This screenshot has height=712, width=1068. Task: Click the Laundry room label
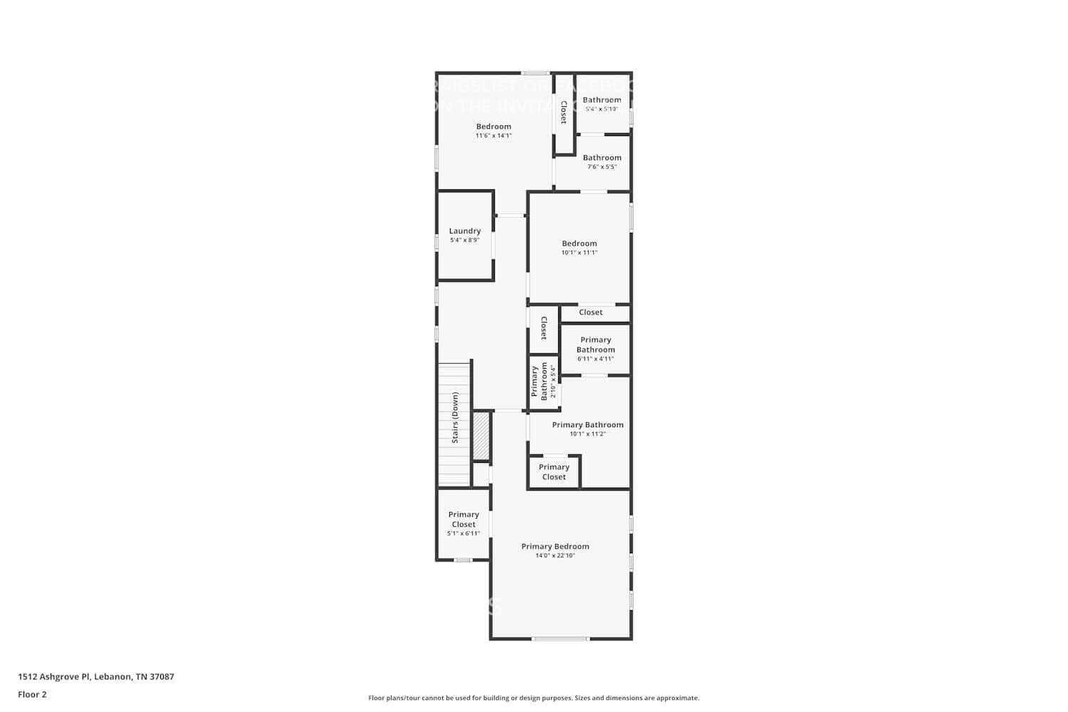tap(465, 231)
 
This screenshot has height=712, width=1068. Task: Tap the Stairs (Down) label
tap(455, 418)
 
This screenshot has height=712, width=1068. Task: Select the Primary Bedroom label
tap(555, 546)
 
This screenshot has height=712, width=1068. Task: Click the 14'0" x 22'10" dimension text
tap(555, 556)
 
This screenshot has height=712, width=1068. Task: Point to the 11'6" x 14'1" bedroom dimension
tap(493, 136)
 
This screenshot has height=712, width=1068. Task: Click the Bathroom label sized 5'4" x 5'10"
tap(602, 100)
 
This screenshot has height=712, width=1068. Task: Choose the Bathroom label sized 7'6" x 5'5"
tap(602, 157)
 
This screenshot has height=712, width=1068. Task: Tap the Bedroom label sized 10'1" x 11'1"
tap(580, 244)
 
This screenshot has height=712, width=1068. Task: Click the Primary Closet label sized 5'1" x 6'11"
tap(464, 519)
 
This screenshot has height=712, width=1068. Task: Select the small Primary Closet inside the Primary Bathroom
tap(554, 472)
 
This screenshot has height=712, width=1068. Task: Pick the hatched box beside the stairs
tap(481, 436)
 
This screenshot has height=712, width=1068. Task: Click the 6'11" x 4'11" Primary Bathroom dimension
tap(595, 359)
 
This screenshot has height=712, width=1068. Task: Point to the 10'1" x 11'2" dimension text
tap(587, 434)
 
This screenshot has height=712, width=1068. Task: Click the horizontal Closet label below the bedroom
tap(591, 312)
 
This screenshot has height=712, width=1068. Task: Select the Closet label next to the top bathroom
tap(564, 112)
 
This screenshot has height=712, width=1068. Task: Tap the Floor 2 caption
tap(32, 694)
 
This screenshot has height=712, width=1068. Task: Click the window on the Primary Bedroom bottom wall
tap(560, 639)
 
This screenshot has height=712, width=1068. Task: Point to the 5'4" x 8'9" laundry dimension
tap(465, 241)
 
